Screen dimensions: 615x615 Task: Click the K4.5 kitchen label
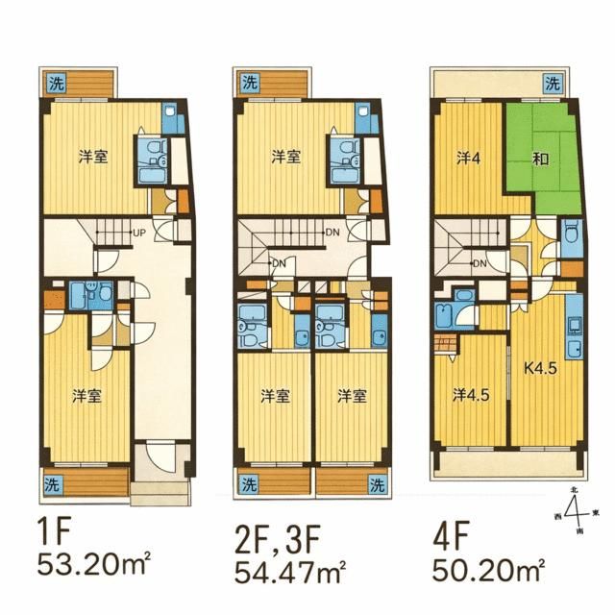click(x=540, y=366)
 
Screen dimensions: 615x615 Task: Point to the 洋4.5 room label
click(x=472, y=393)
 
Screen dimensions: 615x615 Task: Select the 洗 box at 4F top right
click(x=552, y=83)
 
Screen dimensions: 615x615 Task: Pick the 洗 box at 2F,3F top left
click(x=249, y=83)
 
